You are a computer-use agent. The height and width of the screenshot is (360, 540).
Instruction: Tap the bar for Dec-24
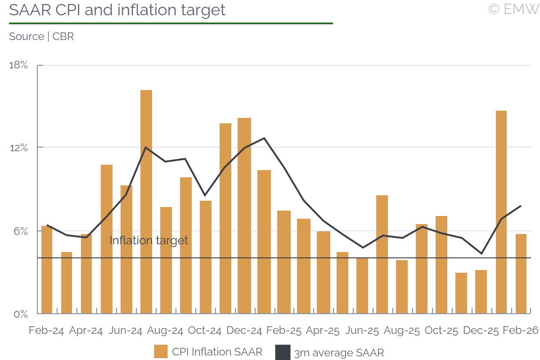[244, 216]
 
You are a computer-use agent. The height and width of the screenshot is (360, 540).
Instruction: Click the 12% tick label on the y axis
[18, 148]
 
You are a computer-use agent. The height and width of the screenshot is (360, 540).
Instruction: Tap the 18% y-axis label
[18, 65]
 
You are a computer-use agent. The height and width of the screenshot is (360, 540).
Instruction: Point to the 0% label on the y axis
[20, 314]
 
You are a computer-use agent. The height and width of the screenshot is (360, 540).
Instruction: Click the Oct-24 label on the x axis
[205, 330]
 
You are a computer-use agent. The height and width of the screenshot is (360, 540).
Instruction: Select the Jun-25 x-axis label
[362, 330]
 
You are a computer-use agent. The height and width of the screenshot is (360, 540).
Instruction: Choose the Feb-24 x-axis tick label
[46, 330]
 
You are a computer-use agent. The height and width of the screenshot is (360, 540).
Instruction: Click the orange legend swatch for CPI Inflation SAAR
[161, 352]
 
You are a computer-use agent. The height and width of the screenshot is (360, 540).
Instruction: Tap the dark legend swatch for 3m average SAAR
[283, 352]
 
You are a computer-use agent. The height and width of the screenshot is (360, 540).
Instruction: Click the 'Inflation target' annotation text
[149, 240]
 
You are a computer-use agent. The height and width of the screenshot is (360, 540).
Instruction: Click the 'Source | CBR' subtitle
[41, 36]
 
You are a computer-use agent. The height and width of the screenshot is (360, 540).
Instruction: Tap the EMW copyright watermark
[513, 9]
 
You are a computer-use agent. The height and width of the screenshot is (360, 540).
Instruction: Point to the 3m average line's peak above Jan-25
[264, 138]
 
